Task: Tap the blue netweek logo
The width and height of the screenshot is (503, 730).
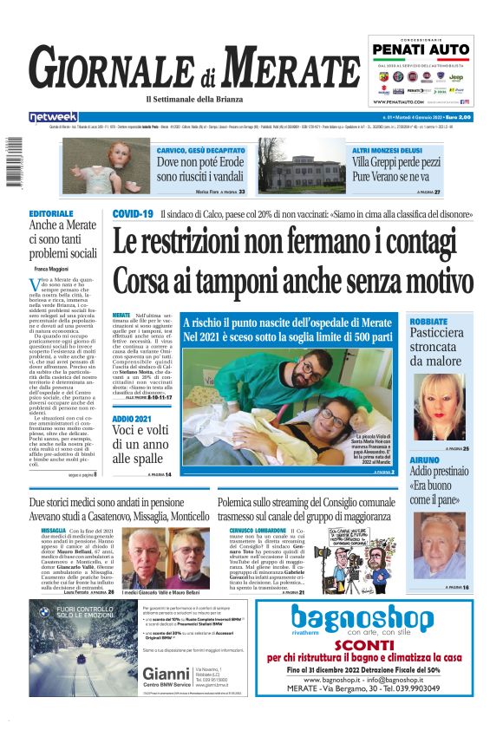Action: tap(53, 116)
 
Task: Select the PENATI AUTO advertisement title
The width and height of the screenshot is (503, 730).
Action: tap(423, 49)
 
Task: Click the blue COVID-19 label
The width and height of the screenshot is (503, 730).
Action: tap(133, 213)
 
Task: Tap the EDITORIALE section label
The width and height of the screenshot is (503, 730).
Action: tap(50, 213)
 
